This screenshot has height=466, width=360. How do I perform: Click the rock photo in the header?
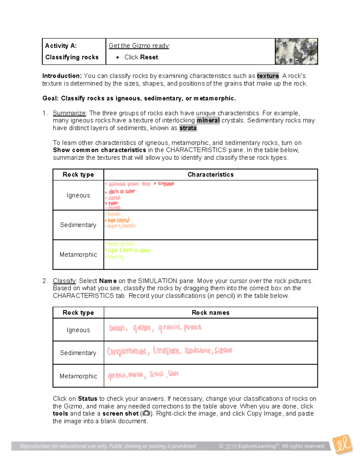point(296,51)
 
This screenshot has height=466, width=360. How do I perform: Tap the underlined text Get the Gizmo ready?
point(139,46)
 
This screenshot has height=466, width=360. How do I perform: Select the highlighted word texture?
point(268,76)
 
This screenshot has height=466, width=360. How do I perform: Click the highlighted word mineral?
point(208,120)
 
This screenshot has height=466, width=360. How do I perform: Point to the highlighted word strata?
point(188,128)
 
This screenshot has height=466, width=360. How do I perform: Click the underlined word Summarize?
point(69,113)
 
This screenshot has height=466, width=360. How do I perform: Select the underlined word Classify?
point(64,281)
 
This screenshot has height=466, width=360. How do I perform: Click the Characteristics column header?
point(210,175)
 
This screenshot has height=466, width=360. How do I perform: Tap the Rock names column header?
point(210,313)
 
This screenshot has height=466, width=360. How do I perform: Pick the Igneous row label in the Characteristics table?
point(78,195)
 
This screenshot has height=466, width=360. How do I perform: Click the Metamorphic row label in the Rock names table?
point(78,376)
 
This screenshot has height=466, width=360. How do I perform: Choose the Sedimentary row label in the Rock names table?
point(78,353)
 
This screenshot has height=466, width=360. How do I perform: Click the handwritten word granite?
point(169,328)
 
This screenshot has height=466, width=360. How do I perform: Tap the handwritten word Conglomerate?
point(127,351)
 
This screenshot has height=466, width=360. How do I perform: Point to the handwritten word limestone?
point(167,350)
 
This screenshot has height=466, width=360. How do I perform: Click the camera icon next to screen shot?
point(146,413)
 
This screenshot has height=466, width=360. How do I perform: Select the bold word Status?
point(88,398)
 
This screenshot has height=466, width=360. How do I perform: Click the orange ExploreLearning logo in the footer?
point(343,444)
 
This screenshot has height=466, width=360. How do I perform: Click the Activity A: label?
point(61,46)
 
